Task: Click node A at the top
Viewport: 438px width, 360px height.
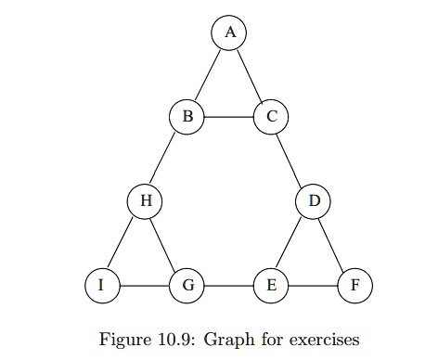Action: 230,33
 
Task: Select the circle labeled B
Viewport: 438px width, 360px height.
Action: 187,117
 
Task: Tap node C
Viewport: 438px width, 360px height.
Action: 271,117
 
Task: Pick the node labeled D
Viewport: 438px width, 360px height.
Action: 313,200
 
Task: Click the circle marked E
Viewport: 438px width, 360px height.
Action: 270,285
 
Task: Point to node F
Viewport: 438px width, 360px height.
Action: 354,285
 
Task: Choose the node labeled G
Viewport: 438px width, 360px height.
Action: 187,285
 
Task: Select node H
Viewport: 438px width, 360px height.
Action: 145,200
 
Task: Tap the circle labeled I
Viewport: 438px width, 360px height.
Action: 102,285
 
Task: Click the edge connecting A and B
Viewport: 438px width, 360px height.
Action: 209,75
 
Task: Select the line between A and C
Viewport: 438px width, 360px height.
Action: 251,75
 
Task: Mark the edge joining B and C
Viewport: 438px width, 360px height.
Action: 229,117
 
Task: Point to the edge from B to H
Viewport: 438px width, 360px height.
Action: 166,159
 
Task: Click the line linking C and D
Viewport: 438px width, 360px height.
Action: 292,159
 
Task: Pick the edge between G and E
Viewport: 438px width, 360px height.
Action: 229,285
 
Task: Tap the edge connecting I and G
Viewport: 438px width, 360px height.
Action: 145,285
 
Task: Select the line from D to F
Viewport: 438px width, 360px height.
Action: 334,243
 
